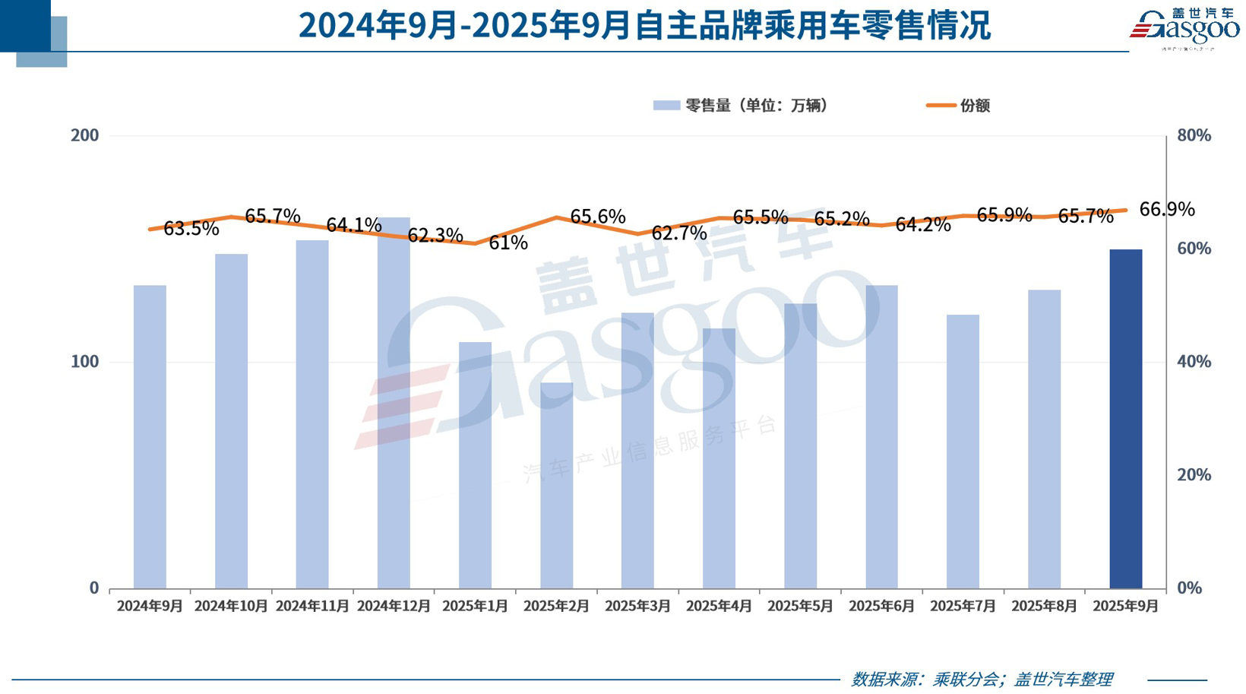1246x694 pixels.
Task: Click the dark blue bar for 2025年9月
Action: click(1125, 418)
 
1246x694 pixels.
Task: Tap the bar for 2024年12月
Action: click(394, 403)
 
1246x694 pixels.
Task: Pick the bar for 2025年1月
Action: click(475, 465)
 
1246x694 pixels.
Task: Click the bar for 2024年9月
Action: click(150, 437)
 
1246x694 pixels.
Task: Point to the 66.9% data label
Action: click(1166, 209)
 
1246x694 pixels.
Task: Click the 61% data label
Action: click(508, 242)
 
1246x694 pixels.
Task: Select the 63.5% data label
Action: click(191, 228)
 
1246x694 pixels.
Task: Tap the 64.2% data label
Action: click(922, 224)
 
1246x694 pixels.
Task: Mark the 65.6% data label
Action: click(597, 217)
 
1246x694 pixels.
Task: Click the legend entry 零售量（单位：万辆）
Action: click(741, 106)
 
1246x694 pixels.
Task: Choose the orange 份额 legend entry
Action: click(959, 106)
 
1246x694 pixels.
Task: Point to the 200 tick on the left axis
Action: click(84, 135)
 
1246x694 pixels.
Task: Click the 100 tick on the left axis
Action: click(84, 362)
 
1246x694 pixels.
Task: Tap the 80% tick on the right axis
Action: click(1193, 135)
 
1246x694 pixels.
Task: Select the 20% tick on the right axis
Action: click(1193, 475)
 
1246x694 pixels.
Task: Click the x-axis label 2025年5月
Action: click(800, 606)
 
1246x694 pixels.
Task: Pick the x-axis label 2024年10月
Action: click(231, 606)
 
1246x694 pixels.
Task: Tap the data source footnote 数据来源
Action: click(982, 679)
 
